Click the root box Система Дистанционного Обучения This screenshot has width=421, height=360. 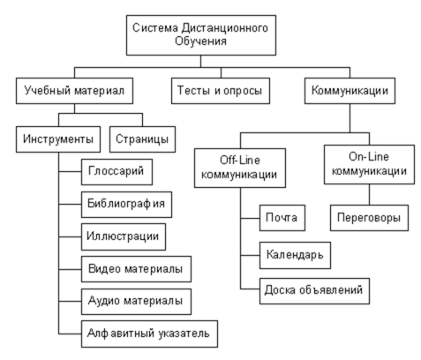point(201,35)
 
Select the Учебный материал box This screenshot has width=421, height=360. point(74,91)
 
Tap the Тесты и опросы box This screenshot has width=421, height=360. point(221,91)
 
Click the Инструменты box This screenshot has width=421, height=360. point(58,139)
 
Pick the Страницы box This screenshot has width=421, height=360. point(143,139)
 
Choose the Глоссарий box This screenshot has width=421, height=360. point(117,172)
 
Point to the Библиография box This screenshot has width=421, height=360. point(126,205)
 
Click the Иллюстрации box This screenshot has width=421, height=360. point(124,236)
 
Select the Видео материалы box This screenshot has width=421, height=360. point(136,269)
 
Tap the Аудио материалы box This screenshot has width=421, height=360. point(136,302)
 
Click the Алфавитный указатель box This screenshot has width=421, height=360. point(149,334)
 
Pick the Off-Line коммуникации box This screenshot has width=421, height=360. point(240,168)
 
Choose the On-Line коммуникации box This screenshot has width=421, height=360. point(369,165)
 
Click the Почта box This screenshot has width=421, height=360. point(282,218)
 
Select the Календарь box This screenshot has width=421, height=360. point(295,256)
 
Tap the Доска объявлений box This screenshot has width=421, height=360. point(314,291)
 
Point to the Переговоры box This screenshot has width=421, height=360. point(369,218)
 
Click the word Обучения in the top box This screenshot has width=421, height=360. point(200,41)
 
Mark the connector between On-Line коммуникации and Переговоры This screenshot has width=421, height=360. point(369,195)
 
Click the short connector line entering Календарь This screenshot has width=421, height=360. point(250,255)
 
